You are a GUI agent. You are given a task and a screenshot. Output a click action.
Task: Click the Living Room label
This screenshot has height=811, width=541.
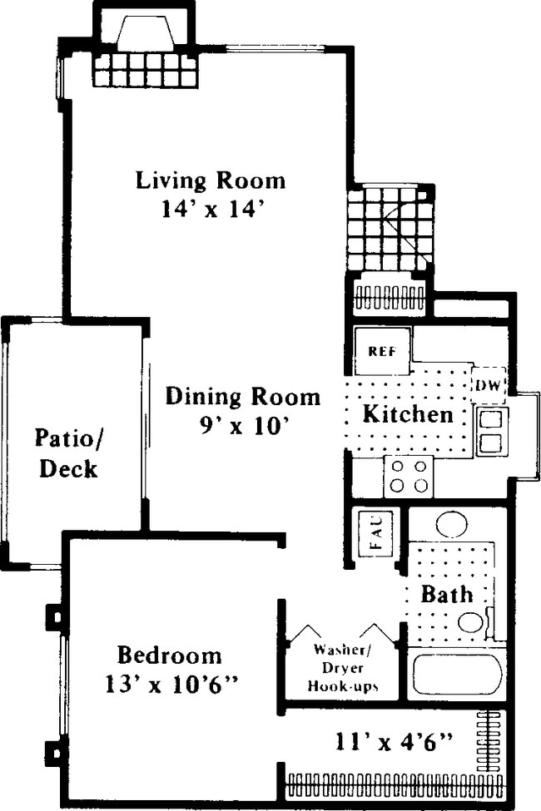211,180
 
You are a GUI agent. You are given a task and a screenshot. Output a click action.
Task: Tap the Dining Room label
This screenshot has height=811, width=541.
242,396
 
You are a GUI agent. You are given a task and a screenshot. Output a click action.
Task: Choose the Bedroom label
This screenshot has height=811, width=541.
169,655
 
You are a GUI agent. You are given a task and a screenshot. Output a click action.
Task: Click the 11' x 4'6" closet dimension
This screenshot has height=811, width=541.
395,738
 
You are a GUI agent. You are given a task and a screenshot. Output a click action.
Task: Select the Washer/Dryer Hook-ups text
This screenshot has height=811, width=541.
343,668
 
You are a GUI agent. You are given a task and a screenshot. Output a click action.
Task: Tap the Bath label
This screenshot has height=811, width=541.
447,594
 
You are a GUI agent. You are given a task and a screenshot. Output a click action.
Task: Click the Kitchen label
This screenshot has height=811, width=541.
408,413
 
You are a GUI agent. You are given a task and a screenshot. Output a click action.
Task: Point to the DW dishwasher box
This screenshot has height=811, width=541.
489,383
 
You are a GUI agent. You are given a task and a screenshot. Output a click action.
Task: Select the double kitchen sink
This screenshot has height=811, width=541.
490,431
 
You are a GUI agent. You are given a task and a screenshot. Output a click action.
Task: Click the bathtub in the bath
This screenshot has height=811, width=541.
456,674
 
